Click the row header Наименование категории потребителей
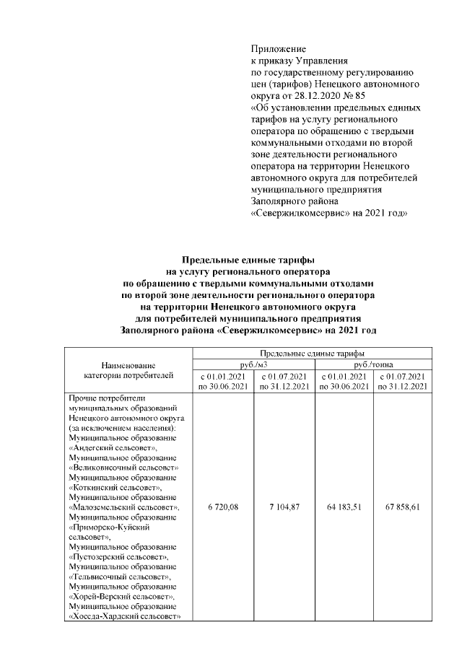[128, 370]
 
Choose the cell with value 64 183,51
[344, 507]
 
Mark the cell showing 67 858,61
[404, 507]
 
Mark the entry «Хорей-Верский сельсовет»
[120, 597]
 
